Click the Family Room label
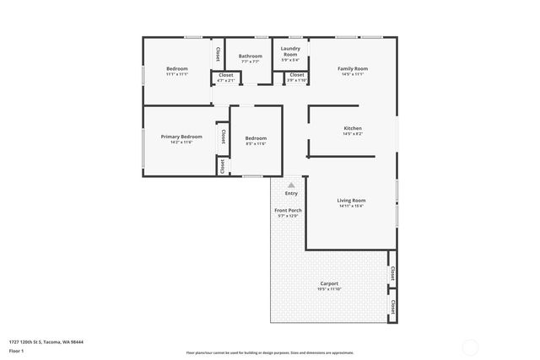[353, 68]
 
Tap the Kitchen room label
[353, 127]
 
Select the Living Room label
[352, 200]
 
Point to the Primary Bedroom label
[181, 137]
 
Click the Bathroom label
[251, 56]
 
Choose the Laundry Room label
[289, 51]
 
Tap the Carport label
[329, 283]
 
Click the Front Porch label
[289, 210]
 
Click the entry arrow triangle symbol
[291, 184]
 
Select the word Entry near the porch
[291, 193]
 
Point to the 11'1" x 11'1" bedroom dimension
[176, 74]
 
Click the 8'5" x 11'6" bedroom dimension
[256, 143]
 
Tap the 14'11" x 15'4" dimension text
[352, 206]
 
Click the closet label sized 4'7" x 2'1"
[226, 81]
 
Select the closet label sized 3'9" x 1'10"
[297, 81]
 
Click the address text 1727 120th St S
[46, 341]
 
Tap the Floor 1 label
[16, 350]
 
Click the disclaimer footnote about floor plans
[270, 352]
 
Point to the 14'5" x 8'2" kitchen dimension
[353, 133]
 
